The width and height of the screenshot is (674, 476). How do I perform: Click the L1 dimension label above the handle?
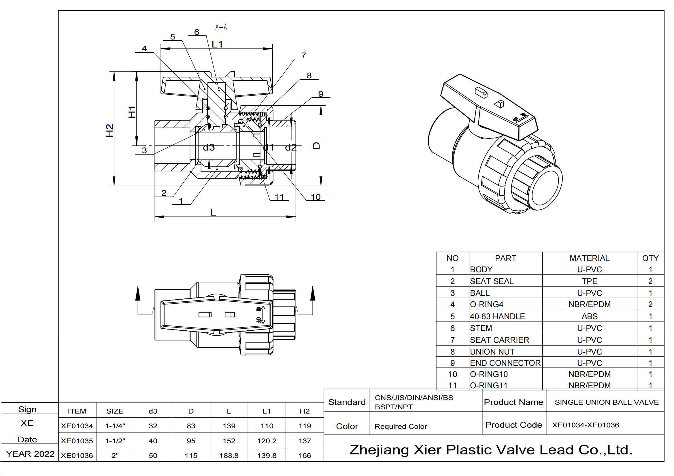pos(218,44)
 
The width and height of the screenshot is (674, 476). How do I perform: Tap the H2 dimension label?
pos(109,130)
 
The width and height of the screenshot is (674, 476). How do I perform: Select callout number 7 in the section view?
pos(303,55)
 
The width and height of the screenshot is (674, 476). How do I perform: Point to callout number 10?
pos(316,197)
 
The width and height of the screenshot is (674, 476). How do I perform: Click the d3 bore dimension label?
pos(209,147)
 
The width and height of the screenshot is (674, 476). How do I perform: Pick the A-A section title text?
pos(221,27)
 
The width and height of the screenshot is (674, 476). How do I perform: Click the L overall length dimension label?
pos(213,212)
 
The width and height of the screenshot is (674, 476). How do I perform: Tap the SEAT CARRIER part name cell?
pos(499,340)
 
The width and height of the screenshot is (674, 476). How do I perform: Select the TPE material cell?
pos(589,281)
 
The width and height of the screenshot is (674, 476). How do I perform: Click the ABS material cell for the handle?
pos(589,317)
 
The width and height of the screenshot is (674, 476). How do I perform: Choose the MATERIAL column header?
pos(589,258)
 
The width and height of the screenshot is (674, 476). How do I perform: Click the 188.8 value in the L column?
pos(229,456)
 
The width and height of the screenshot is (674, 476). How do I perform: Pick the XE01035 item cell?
pos(77,441)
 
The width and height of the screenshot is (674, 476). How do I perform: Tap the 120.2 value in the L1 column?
pos(267,441)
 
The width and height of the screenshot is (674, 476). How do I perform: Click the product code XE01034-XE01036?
pos(585,425)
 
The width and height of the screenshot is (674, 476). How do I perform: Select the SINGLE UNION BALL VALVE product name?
pos(607,402)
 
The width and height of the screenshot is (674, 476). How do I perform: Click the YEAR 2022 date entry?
pos(30,454)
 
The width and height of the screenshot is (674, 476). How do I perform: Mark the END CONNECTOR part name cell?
pos(505,363)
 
